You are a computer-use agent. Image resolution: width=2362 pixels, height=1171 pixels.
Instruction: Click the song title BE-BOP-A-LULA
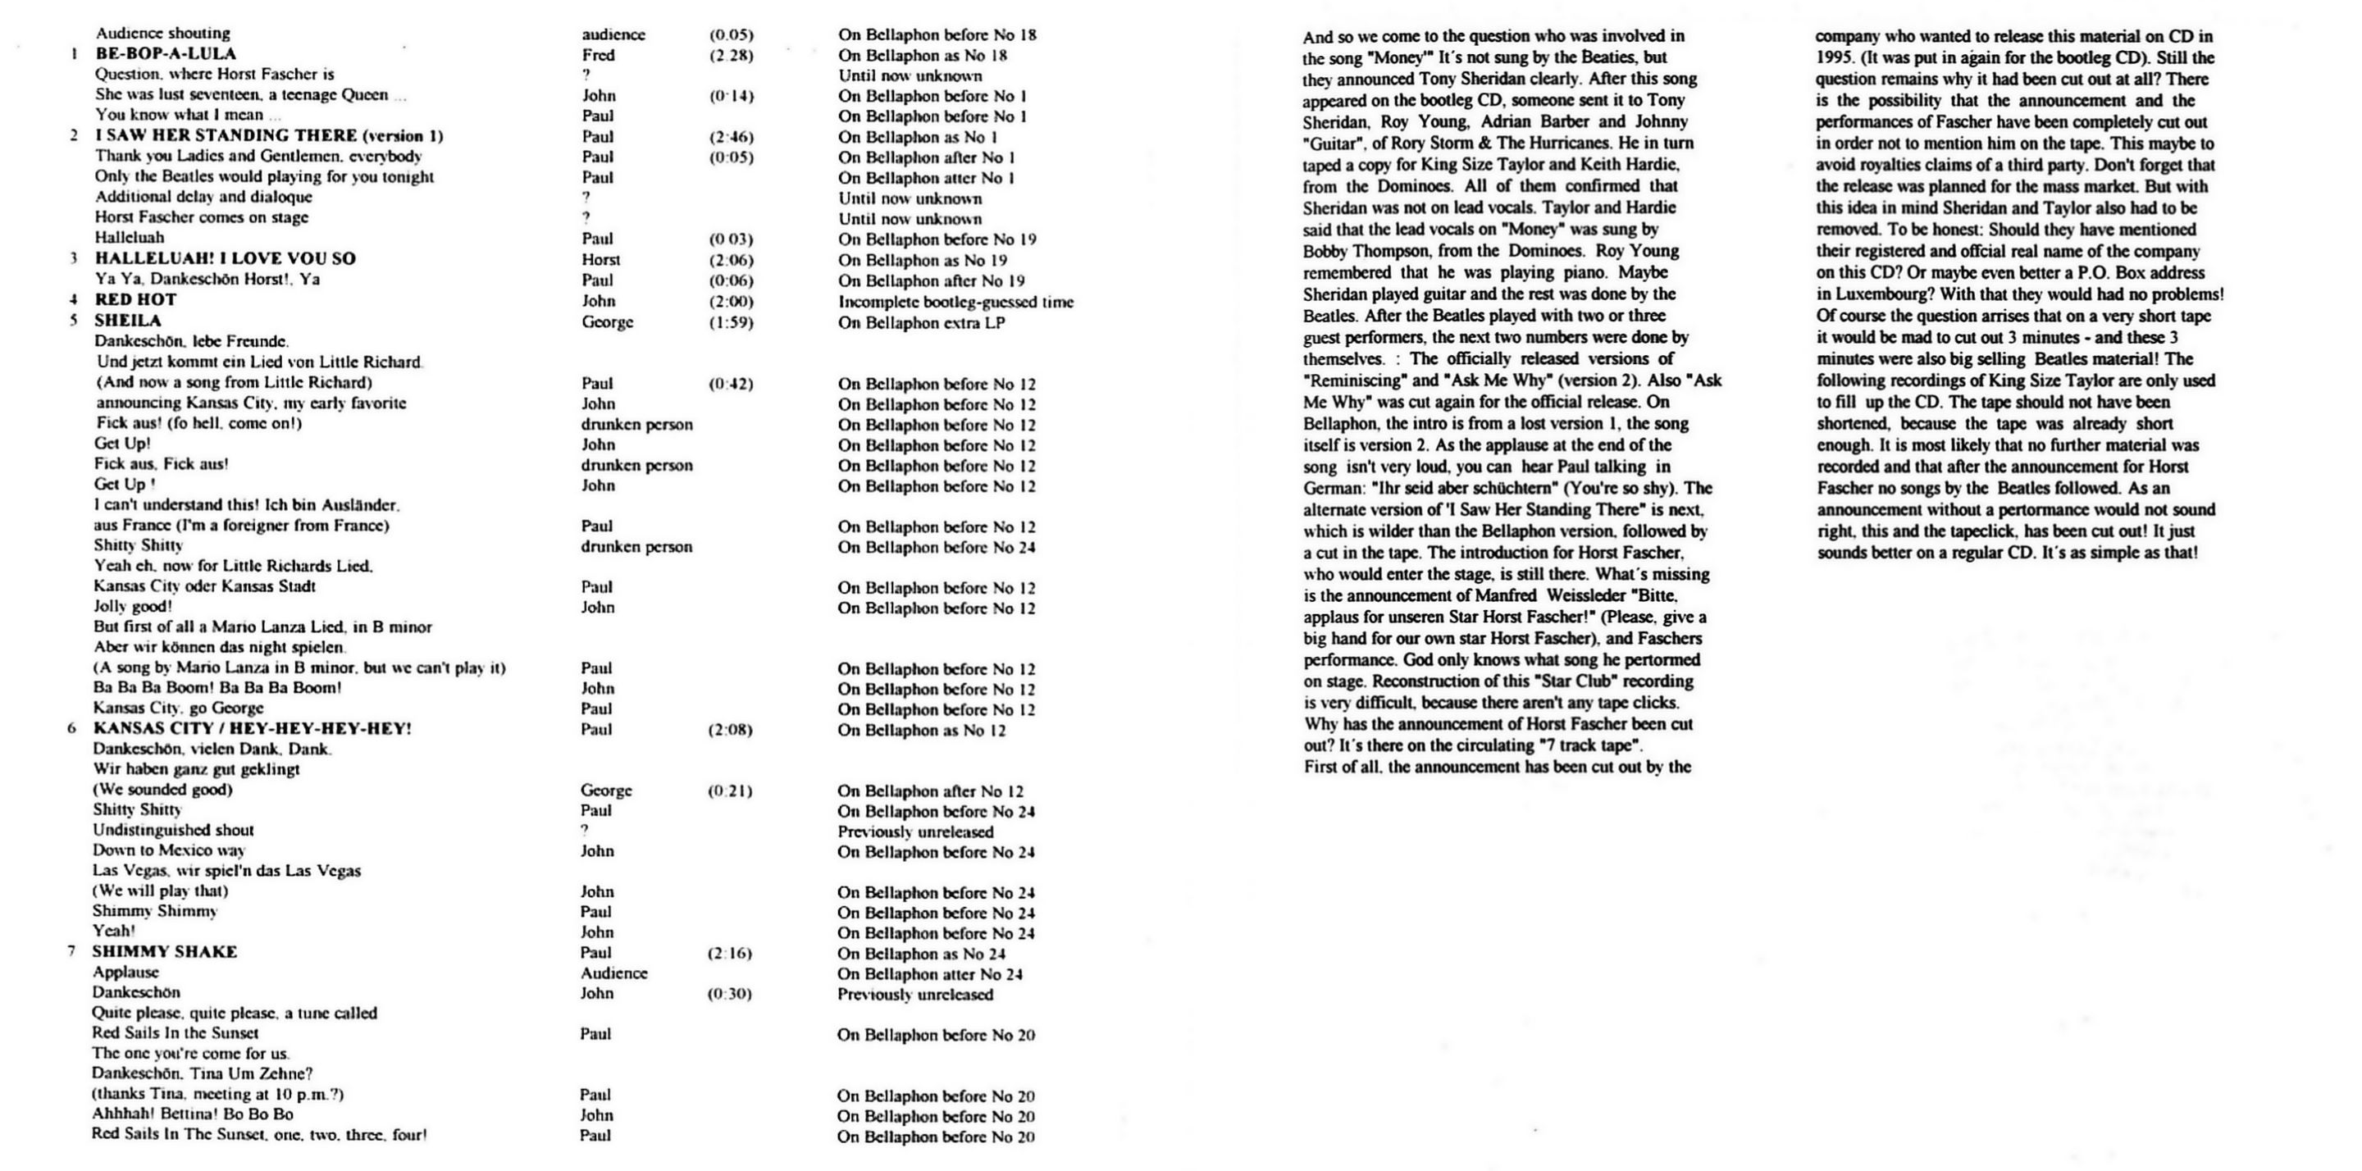[165, 54]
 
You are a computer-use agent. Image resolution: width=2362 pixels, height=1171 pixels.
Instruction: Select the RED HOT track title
[135, 300]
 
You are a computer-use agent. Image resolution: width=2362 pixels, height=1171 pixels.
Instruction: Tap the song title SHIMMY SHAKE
[164, 952]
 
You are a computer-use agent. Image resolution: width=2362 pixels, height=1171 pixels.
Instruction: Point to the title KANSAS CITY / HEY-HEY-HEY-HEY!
[252, 729]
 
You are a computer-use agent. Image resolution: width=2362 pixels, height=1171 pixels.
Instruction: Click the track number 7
[71, 952]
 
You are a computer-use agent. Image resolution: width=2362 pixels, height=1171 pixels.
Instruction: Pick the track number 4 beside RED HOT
[73, 300]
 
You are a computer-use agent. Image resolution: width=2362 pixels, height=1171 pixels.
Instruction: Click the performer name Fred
[598, 55]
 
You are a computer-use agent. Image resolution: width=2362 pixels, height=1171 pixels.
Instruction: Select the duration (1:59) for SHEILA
[731, 322]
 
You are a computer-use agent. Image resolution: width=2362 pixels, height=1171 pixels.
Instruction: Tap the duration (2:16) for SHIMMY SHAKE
[729, 953]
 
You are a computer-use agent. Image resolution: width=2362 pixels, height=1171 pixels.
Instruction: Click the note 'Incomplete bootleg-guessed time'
[955, 302]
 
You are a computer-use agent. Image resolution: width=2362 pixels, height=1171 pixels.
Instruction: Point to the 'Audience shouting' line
[163, 34]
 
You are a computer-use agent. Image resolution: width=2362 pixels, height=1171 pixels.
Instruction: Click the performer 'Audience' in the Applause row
[613, 973]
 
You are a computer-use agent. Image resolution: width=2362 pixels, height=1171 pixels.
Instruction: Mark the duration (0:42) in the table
[730, 383]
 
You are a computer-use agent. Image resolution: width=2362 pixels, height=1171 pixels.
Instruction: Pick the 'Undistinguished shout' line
[173, 830]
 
